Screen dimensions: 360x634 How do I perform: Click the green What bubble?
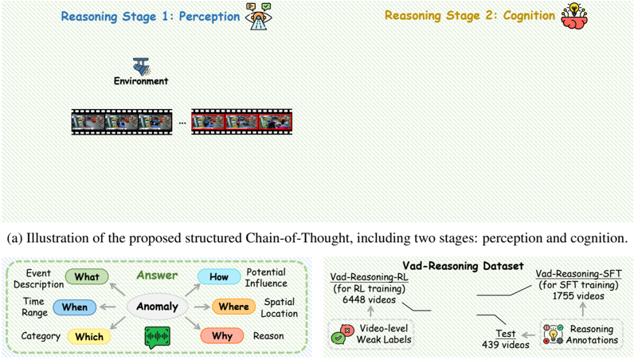tap(87, 277)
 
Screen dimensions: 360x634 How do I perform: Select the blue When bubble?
tap(75, 307)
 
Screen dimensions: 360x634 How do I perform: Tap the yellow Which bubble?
tap(88, 336)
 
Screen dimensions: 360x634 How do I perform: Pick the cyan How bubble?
tap(219, 277)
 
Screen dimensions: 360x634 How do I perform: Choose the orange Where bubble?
tap(233, 307)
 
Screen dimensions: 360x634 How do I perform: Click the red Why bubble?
tap(222, 336)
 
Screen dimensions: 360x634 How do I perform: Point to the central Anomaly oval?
tap(158, 307)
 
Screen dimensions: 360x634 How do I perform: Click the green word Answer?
tap(157, 276)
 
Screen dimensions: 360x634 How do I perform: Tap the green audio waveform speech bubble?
tap(158, 337)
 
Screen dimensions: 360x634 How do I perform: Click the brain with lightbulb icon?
tap(573, 17)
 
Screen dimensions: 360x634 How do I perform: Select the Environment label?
tap(141, 81)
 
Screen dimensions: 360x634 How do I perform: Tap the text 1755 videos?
tap(578, 296)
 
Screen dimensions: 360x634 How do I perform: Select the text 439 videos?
tap(505, 344)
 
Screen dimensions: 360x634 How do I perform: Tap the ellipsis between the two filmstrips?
tap(182, 123)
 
